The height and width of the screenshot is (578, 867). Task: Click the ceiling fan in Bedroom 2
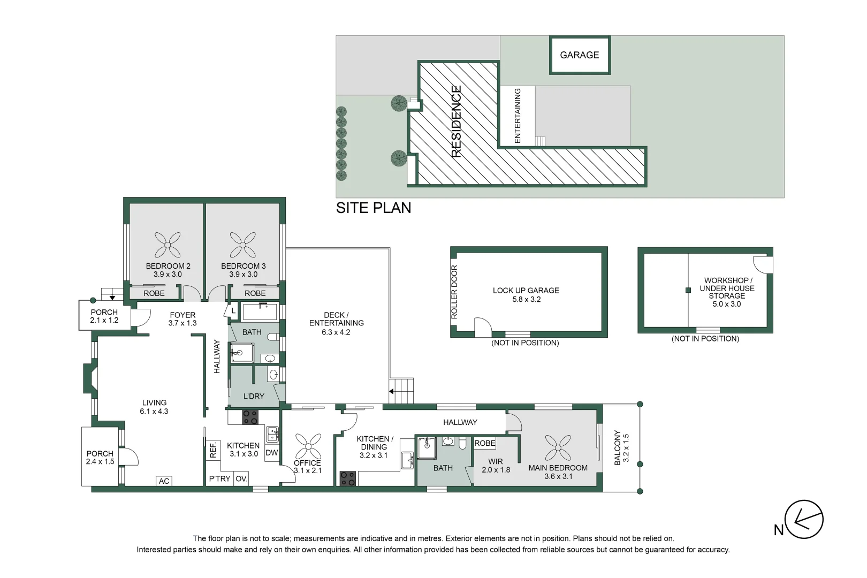click(x=168, y=245)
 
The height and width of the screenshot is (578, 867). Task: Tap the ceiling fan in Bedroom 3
click(x=243, y=245)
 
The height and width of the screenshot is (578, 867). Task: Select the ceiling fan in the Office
click(x=308, y=447)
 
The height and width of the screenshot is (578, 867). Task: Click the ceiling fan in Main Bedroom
click(x=558, y=448)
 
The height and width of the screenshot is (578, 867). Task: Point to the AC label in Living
click(x=164, y=481)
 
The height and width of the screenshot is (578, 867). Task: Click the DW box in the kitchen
click(x=272, y=453)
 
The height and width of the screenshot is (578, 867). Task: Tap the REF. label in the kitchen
click(x=213, y=450)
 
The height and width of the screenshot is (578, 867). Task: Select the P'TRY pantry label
click(x=219, y=479)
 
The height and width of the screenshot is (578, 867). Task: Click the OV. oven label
click(x=241, y=479)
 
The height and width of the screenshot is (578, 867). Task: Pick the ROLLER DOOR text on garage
click(x=454, y=292)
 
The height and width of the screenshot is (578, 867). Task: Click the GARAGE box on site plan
click(x=580, y=55)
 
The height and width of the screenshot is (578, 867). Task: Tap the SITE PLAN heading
click(x=374, y=208)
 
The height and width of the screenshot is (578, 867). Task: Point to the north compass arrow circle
click(x=804, y=519)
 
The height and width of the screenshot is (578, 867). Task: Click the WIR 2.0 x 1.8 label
click(x=496, y=466)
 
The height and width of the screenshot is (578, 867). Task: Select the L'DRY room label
click(x=254, y=397)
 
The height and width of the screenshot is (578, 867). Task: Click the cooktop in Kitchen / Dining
click(x=347, y=478)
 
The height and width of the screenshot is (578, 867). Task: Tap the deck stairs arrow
click(x=391, y=392)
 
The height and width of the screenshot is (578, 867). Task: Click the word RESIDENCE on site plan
click(x=456, y=121)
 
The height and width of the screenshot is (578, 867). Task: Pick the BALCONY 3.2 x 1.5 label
click(x=621, y=448)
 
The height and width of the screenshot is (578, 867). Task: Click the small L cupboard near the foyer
click(x=233, y=311)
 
